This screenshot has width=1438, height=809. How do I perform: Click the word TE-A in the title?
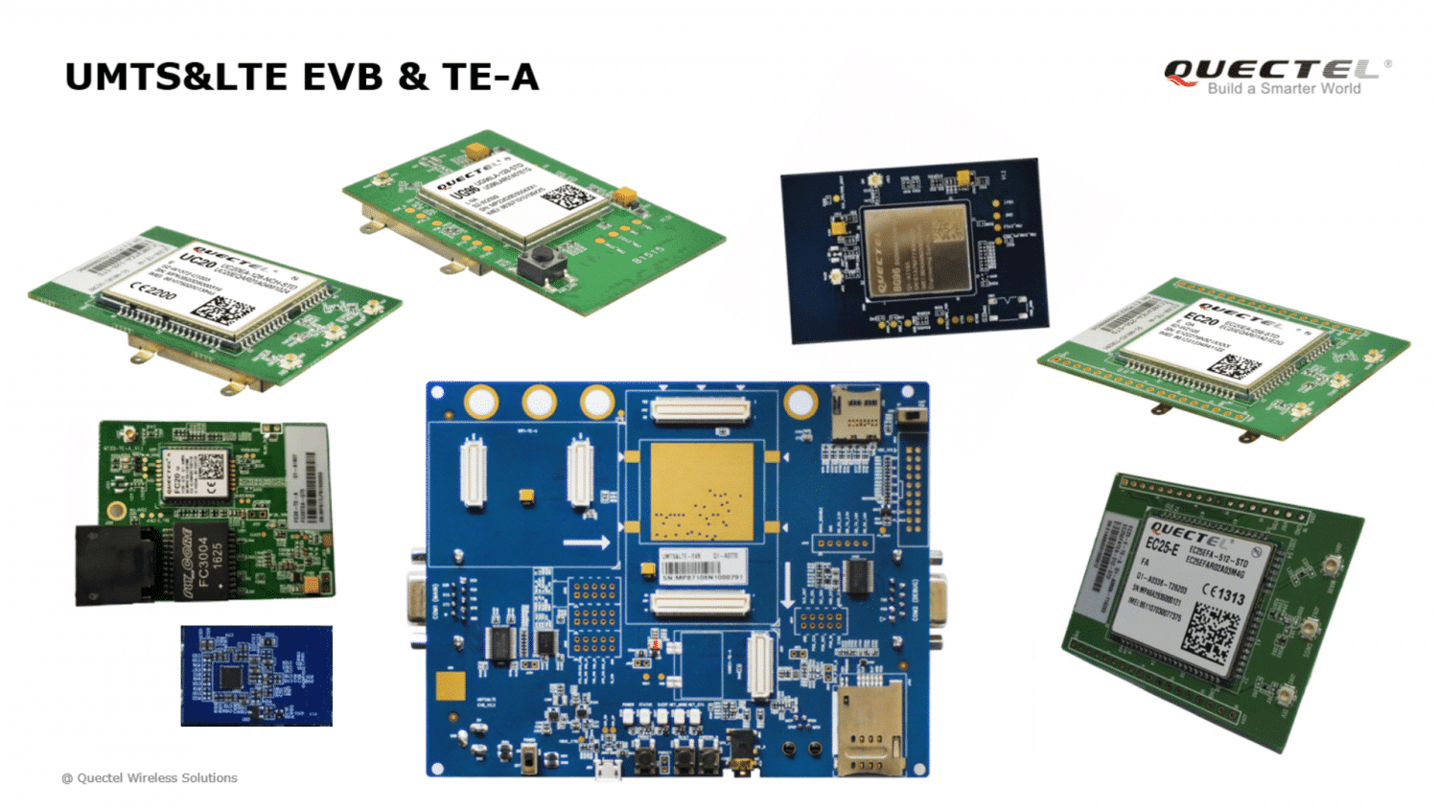click(x=490, y=78)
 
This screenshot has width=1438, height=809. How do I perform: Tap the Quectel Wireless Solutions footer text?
click(x=150, y=778)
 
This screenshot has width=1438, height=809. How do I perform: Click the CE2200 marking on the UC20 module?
click(x=152, y=290)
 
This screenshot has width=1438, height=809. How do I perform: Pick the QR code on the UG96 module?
click(x=568, y=197)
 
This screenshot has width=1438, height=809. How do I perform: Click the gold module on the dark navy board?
click(x=916, y=250)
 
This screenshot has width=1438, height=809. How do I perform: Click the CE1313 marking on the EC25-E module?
click(x=1223, y=593)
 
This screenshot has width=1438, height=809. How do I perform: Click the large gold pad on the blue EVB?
click(x=702, y=492)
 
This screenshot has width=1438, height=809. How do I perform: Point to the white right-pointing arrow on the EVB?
click(x=587, y=543)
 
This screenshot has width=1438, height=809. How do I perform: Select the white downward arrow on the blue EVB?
click(x=787, y=586)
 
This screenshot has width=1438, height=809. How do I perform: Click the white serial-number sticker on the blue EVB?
click(x=701, y=566)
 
